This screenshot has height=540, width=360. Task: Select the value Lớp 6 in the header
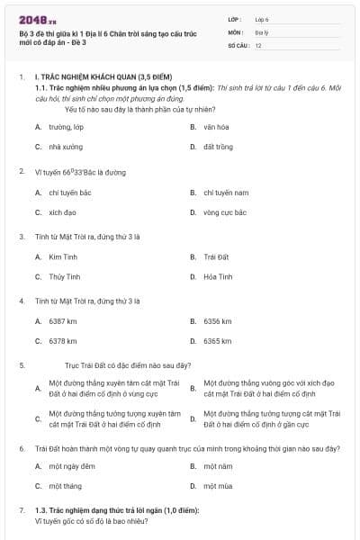263,18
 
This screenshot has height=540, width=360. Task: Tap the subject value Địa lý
263,31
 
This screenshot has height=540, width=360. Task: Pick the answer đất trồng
218,146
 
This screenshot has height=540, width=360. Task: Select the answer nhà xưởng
66,146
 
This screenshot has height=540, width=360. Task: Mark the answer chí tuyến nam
226,193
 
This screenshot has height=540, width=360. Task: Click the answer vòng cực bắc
225,212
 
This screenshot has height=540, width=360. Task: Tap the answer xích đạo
63,212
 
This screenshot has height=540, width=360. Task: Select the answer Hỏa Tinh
218,276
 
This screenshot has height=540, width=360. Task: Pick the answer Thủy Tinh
66,276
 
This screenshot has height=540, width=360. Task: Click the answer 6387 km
63,321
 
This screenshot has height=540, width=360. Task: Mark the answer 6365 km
218,341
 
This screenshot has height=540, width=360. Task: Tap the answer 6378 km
63,341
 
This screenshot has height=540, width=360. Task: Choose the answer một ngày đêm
72,466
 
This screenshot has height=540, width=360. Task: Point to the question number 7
22,510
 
